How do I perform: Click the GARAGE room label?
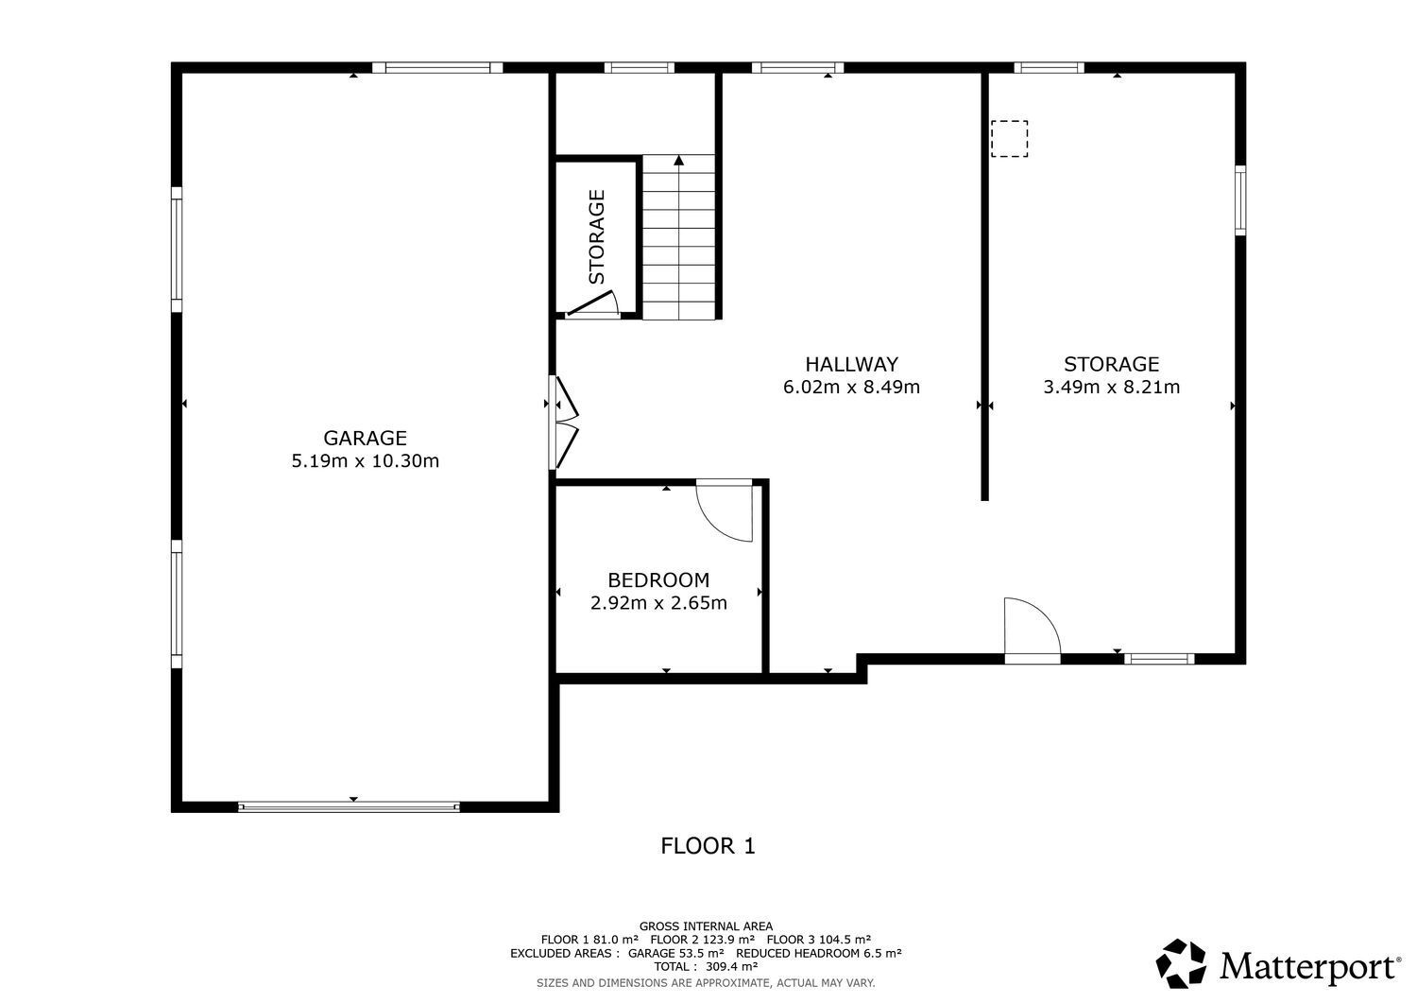coord(365,438)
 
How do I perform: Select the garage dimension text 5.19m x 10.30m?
coord(365,461)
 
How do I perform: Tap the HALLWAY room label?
coord(851,364)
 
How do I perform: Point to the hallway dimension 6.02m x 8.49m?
coord(851,387)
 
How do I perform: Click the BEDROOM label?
coord(657,580)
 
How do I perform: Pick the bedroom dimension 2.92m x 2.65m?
coord(657,603)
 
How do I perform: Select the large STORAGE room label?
coord(1111,364)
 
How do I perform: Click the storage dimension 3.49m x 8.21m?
coord(1111,387)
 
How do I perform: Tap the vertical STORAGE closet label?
coord(597,237)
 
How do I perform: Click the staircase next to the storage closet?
coord(678,237)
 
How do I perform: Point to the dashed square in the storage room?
coord(1009,138)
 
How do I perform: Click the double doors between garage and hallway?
coord(563,423)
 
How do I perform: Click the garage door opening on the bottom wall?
coord(349,807)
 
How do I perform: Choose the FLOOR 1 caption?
coord(708,846)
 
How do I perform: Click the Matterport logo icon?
coord(1183,964)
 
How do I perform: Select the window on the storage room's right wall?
coord(1240,199)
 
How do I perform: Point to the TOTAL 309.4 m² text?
coord(706,967)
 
